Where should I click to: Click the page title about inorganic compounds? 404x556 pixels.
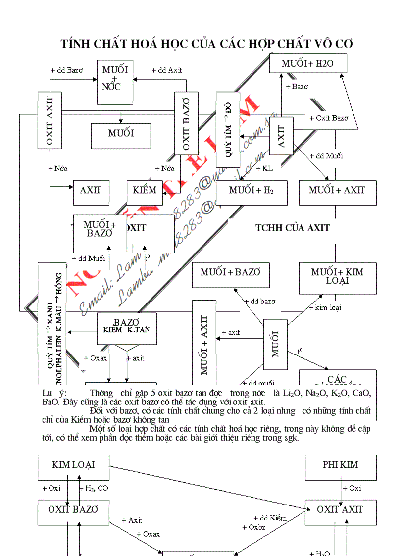pos(206,44)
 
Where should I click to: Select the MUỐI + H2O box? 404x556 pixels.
pos(307,64)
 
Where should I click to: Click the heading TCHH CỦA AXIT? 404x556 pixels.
pos(292,228)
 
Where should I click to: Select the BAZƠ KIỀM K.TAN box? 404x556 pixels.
pos(127,329)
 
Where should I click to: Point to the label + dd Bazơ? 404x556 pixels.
pos(66,70)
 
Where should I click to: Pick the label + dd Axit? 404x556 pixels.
pos(166,70)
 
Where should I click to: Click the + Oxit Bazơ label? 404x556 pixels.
pos(329,118)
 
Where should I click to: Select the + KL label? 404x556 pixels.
pos(264,169)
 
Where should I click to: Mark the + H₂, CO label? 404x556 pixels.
pos(94,489)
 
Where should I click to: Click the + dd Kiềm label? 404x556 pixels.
pos(270,518)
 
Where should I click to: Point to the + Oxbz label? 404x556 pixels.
pos(254,527)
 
